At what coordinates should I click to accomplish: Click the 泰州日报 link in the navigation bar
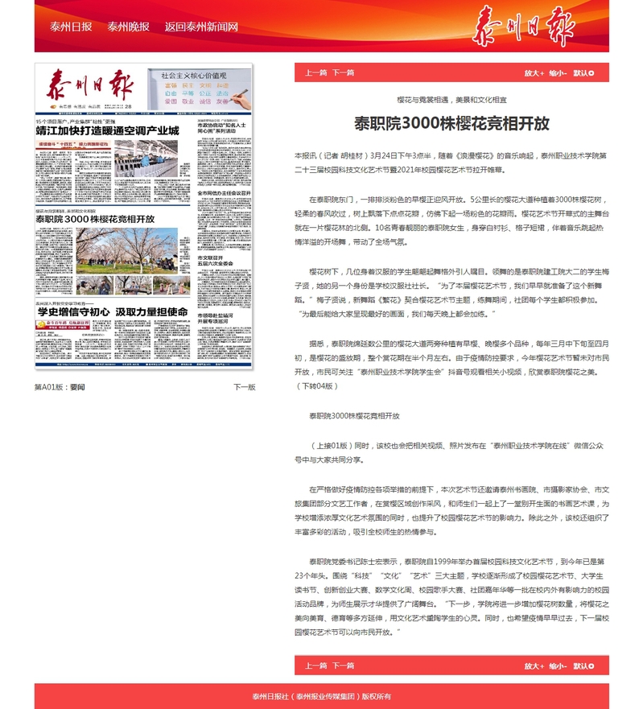[x=70, y=27]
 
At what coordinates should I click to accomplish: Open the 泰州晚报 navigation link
[x=128, y=27]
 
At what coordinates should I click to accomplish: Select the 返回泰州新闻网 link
[x=201, y=27]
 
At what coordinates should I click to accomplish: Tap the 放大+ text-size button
[x=534, y=72]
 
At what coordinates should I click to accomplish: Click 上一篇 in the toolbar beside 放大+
[x=315, y=72]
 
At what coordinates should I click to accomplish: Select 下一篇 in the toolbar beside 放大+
[x=344, y=72]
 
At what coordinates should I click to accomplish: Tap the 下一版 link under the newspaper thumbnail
[x=244, y=387]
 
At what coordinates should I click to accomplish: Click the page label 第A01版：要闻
[x=60, y=387]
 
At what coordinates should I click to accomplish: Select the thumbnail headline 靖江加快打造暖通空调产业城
[x=107, y=130]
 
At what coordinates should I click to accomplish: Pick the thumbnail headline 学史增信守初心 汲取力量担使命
[x=113, y=311]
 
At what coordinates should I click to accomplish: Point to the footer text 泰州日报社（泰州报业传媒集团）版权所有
[x=321, y=696]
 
